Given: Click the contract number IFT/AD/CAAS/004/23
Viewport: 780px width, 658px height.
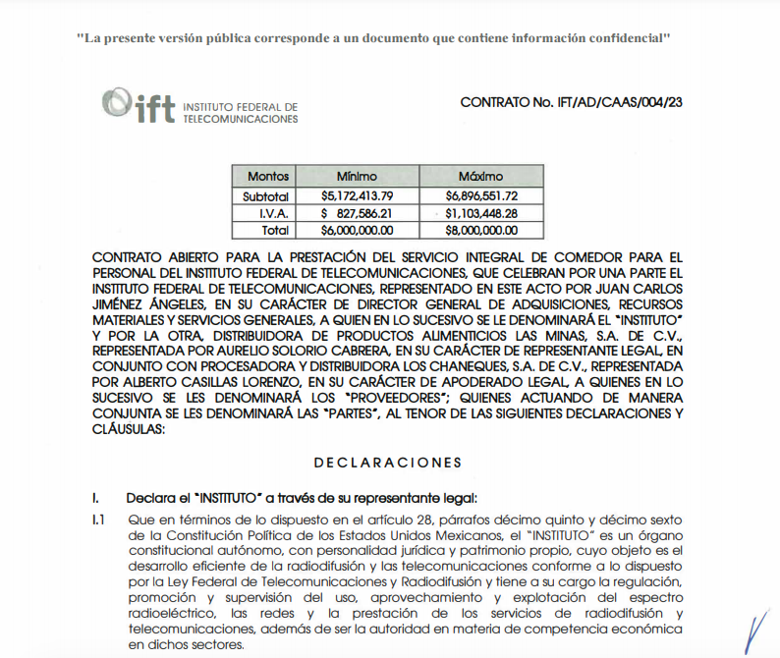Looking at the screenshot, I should tap(571, 102).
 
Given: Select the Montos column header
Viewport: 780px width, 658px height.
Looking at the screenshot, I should tap(268, 177).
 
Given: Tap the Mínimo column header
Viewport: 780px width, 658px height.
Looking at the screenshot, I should tap(357, 177).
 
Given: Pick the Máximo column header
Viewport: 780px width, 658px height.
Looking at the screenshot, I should tap(481, 177).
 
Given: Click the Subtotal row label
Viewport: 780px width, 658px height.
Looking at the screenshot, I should tap(266, 195).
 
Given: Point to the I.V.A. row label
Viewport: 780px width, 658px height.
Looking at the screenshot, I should tap(274, 212).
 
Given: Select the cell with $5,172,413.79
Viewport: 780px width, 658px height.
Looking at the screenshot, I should tap(357, 195).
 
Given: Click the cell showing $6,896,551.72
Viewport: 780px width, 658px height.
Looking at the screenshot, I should tap(481, 195).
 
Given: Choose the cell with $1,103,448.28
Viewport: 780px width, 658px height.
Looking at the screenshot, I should tap(481, 212).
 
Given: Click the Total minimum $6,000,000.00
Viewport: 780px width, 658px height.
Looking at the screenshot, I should tap(357, 230).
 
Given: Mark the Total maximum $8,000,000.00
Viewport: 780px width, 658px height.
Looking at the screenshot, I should tap(481, 230).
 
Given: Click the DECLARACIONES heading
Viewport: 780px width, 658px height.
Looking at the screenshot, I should tap(387, 462).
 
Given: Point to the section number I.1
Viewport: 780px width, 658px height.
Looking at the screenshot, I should tap(98, 519).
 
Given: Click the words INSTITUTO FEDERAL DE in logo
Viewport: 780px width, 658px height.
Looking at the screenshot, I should tap(241, 106).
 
